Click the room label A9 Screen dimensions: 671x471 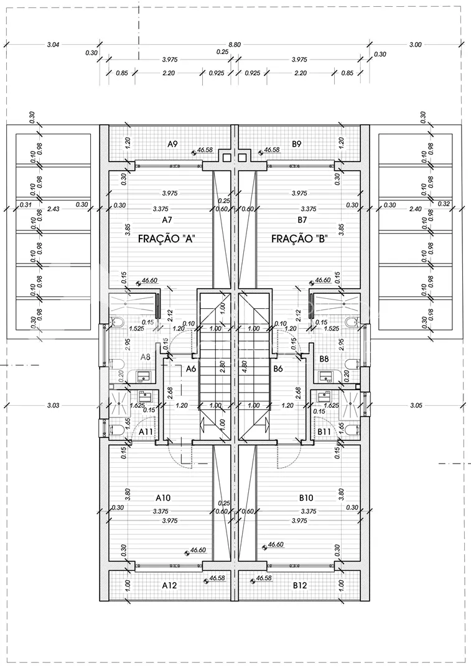(173, 144)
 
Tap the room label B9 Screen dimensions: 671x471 (297, 144)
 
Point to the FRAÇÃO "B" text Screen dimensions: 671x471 (300, 239)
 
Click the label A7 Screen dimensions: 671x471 (167, 220)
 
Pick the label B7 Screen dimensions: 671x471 (302, 220)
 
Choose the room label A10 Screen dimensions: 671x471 (164, 498)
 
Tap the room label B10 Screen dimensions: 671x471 (305, 498)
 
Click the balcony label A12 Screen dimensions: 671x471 (169, 585)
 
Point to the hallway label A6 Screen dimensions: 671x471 (192, 368)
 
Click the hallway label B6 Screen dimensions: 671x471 (278, 368)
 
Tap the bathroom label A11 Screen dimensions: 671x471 (146, 431)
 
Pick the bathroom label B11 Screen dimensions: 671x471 (324, 431)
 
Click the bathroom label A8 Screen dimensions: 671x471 (146, 357)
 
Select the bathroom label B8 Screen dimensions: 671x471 (324, 358)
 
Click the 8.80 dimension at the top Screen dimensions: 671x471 (235, 45)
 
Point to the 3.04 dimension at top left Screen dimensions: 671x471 (53, 45)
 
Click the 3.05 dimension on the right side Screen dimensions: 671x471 (416, 406)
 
